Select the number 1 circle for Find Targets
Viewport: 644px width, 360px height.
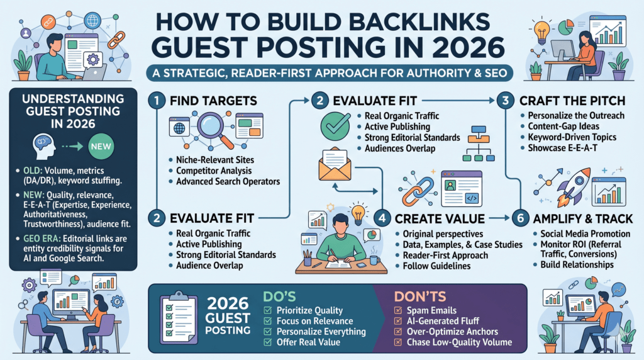click(x=158, y=100)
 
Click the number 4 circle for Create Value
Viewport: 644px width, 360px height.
click(x=381, y=218)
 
